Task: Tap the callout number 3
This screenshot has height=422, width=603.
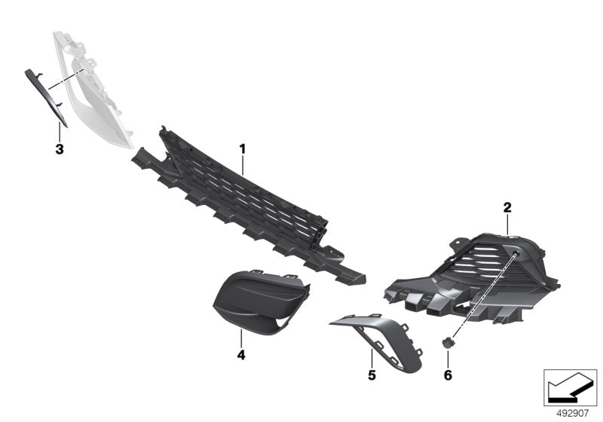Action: coord(60,148)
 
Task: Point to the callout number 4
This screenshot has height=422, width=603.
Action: coord(240,354)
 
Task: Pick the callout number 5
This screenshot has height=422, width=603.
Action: coord(372,374)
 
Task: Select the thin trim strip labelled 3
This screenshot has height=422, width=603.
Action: coord(51,98)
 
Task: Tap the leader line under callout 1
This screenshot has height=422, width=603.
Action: coord(243,164)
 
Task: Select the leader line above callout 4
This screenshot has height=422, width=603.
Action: coord(240,338)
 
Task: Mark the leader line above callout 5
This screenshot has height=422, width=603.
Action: coord(372,356)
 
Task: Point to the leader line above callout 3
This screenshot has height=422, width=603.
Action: coord(60,133)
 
